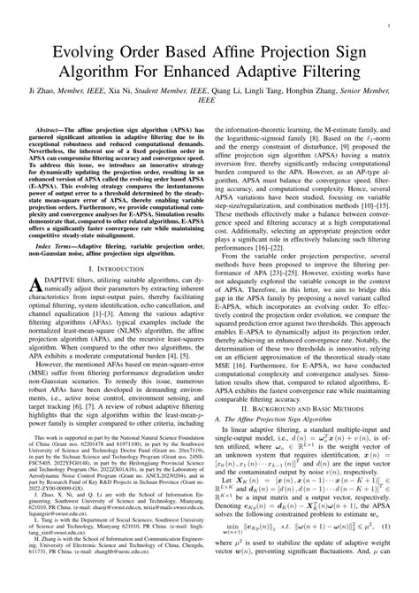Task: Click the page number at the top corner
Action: tap(390, 12)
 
